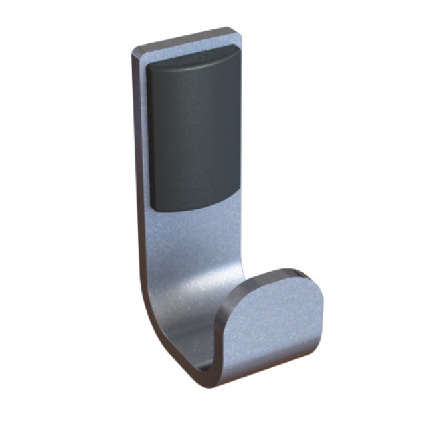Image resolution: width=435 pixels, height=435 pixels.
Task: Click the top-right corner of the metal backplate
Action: point(235,29)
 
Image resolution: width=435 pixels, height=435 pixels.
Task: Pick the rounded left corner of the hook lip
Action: point(228,301)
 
